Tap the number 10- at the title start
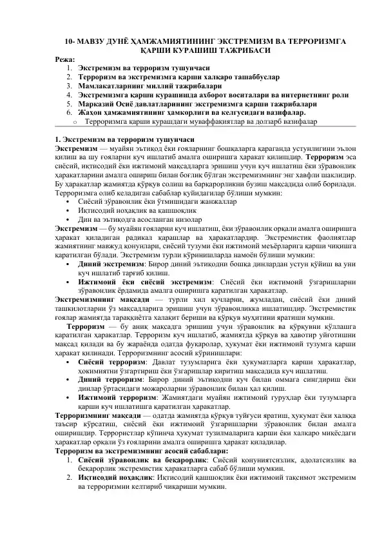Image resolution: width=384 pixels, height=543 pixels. click(72, 41)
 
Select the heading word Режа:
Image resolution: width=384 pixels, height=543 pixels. click(65, 58)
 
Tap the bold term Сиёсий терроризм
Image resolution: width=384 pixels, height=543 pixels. click(110, 362)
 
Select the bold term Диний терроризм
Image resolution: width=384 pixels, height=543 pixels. click(108, 380)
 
